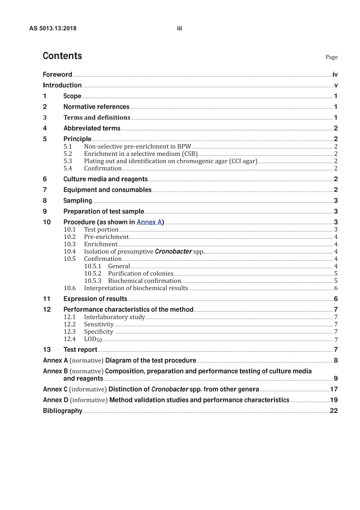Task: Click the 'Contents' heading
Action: click(x=62, y=56)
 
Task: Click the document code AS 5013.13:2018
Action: click(x=53, y=28)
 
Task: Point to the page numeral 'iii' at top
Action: click(x=180, y=28)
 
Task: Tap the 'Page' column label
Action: click(x=331, y=57)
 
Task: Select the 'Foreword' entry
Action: click(x=57, y=75)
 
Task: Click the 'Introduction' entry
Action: click(x=62, y=85)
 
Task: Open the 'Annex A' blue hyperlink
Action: click(x=149, y=222)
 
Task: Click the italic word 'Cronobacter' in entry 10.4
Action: click(x=173, y=251)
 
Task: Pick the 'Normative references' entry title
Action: click(x=96, y=107)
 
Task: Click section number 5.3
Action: click(x=68, y=161)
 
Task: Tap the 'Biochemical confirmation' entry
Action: click(x=144, y=281)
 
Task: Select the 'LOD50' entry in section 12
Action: click(x=93, y=339)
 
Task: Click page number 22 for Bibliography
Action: click(x=333, y=411)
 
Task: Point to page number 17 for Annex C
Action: click(x=333, y=389)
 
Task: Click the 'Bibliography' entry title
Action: click(x=63, y=411)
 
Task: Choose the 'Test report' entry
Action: click(x=80, y=350)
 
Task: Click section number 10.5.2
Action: click(x=93, y=273)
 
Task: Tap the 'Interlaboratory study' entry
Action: click(x=114, y=317)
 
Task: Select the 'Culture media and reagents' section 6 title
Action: click(x=105, y=179)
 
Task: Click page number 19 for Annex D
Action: click(x=333, y=400)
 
